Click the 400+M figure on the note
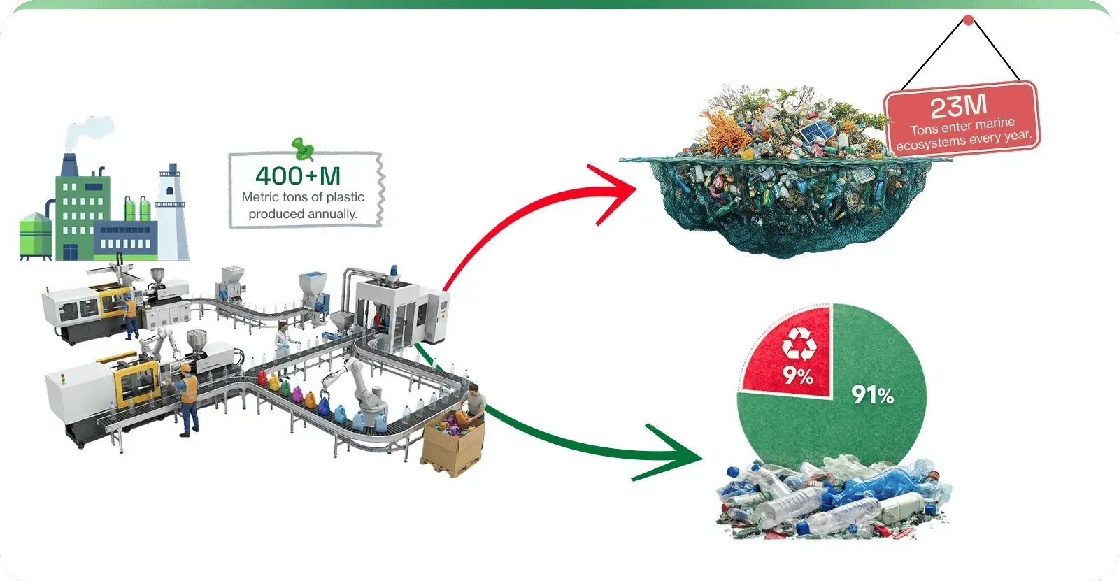click(298, 175)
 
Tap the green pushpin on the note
click(302, 148)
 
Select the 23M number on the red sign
click(959, 106)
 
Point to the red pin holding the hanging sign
click(968, 20)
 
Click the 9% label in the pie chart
click(798, 376)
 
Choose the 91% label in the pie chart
click(873, 396)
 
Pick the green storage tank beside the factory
click(35, 234)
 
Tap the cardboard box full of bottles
click(452, 447)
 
